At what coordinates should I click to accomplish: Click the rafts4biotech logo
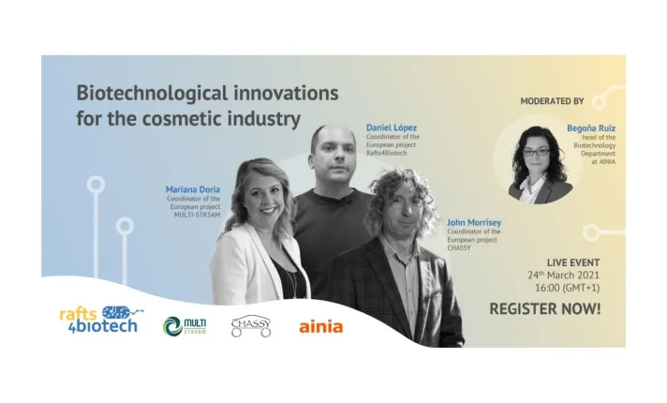101,320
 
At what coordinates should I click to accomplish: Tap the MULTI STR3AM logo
185,326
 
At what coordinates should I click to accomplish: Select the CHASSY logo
251,326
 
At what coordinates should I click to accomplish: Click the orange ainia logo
321,327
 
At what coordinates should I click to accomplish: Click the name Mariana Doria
193,189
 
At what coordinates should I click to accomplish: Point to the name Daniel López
392,127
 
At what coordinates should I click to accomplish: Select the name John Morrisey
474,222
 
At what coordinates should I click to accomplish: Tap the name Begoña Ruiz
591,128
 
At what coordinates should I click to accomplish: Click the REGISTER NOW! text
545,309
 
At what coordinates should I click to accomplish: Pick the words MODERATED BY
552,101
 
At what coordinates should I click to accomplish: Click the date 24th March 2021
564,275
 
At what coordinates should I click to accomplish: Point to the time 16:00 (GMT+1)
567,288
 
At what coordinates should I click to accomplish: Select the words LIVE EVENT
573,262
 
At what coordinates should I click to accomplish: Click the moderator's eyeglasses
537,152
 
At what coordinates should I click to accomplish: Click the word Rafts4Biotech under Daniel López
387,153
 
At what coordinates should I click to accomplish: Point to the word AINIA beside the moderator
607,162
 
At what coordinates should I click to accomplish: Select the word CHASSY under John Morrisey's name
459,247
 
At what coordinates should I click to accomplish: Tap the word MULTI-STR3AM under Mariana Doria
197,215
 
